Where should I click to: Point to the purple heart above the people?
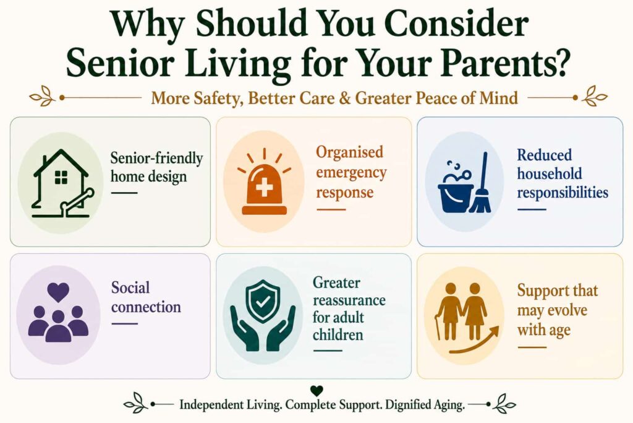click(x=58, y=292)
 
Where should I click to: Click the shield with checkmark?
click(x=263, y=302)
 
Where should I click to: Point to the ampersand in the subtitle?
click(x=344, y=98)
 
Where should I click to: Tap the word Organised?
click(x=350, y=153)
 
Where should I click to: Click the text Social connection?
click(x=146, y=297)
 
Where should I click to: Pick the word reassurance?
click(x=349, y=300)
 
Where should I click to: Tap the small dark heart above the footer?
click(x=317, y=391)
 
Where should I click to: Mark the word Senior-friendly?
click(x=156, y=158)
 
